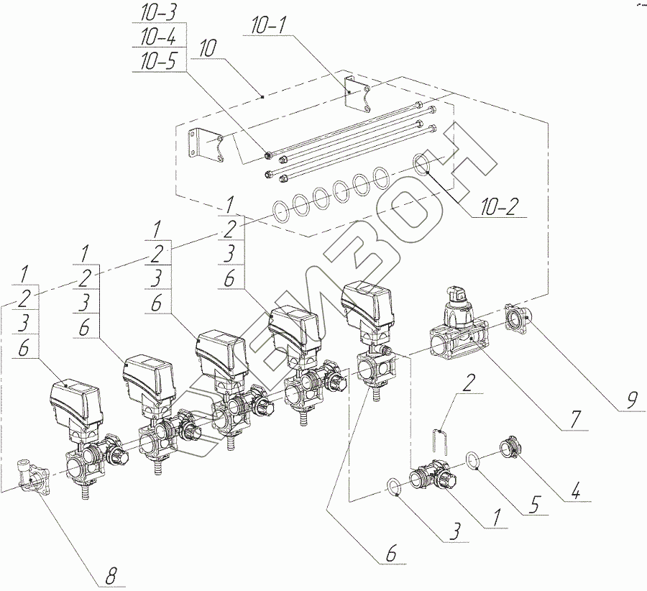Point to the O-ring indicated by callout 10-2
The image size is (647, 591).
[x=423, y=164]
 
